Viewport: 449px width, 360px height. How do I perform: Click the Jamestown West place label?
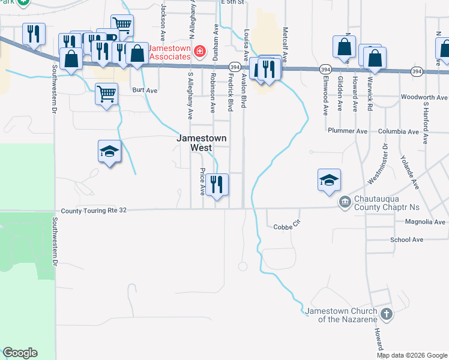tap(202, 143)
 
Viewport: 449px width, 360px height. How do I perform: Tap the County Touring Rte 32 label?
tap(94, 211)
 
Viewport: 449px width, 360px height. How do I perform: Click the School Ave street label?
tap(406, 239)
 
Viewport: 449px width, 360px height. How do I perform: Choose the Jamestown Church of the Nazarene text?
tap(341, 315)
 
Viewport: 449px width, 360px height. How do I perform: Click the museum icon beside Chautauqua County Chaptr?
tap(345, 202)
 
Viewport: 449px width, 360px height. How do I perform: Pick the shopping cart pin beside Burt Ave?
tap(106, 94)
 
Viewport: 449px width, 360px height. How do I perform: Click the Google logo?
tap(20, 353)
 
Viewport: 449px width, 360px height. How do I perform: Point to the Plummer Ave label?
tap(348, 131)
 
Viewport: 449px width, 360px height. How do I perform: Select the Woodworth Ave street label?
tap(424, 97)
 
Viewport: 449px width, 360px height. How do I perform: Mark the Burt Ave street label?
tap(145, 91)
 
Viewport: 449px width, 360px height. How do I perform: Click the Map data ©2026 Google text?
tap(411, 355)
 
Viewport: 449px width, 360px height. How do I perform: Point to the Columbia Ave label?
tap(398, 131)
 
